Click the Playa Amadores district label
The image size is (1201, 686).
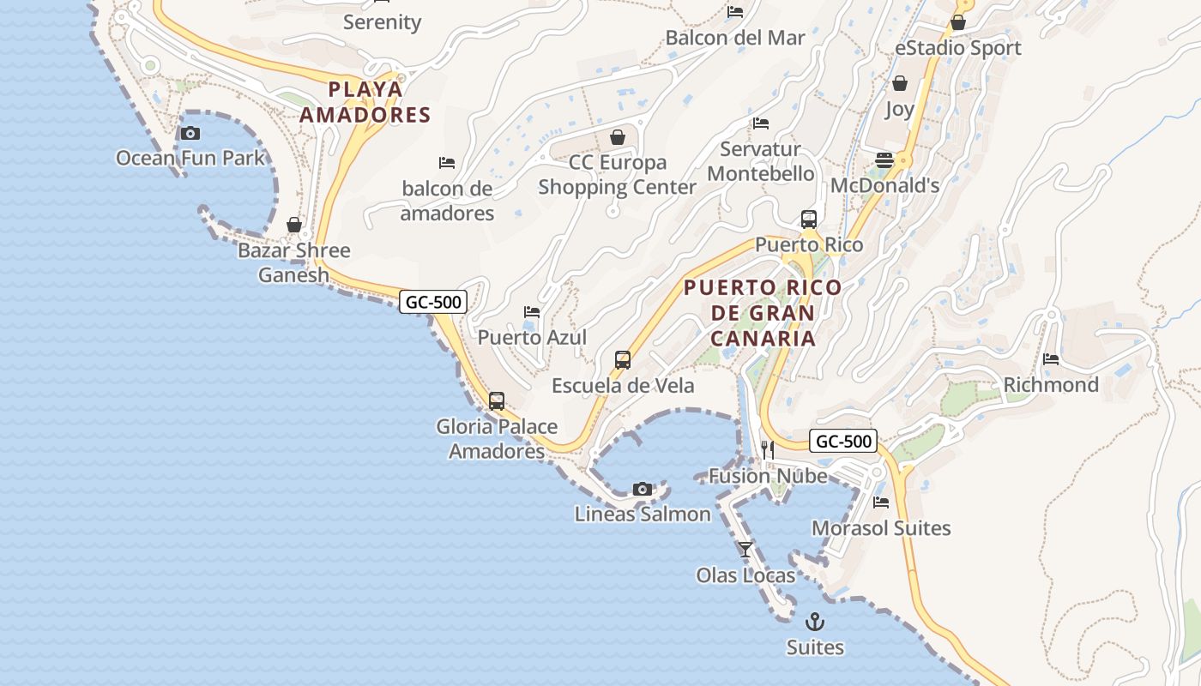coord(365,102)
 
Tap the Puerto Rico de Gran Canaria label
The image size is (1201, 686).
coord(763,312)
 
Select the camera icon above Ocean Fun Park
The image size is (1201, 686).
coord(190,133)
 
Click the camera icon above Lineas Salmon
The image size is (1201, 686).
coord(642,489)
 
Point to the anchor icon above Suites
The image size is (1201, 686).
coord(815,621)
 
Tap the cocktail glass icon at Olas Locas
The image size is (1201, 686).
coord(745,549)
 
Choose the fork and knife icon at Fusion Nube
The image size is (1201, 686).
coord(768,449)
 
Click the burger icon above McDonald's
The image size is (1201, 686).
coord(884,160)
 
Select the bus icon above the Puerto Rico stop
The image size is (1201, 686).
coord(808,219)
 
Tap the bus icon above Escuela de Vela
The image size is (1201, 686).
coord(623,360)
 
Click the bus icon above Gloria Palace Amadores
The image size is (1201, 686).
coord(496,400)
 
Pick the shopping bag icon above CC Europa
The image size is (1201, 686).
coord(617,137)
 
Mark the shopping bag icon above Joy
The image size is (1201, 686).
coord(900,83)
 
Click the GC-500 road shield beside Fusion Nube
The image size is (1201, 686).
coord(843,442)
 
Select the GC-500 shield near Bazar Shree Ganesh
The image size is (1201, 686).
coord(433,302)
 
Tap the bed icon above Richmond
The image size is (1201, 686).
coord(1051,359)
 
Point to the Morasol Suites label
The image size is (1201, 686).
coord(881,528)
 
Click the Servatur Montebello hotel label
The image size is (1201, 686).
coord(760,161)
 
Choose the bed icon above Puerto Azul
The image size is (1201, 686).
coord(532,312)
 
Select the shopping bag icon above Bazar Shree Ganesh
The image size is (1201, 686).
coord(294,225)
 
